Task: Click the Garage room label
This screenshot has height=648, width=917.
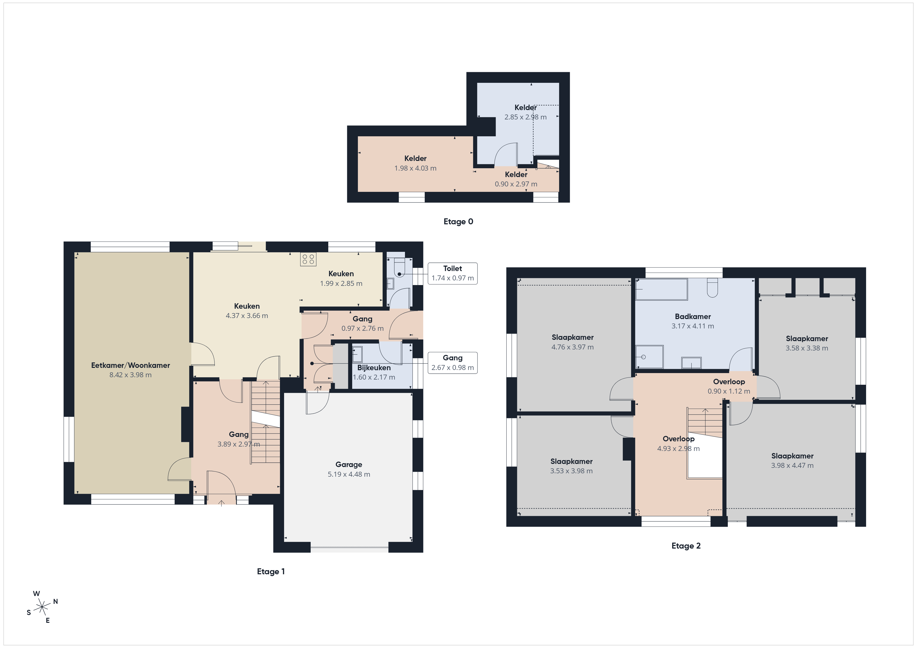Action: point(349,464)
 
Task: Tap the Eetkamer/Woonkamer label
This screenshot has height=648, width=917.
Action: point(130,365)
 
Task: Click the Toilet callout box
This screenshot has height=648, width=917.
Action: point(453,273)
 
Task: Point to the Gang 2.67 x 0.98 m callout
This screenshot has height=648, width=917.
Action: point(453,363)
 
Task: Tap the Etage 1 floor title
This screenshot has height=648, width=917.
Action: point(271,571)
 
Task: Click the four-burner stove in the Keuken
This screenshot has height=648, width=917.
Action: point(308,259)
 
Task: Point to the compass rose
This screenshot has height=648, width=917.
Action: point(42,607)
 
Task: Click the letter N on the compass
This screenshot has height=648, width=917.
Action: point(56,601)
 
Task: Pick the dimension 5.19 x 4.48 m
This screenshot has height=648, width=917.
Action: point(349,474)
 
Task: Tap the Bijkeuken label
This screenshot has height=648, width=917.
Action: point(374,368)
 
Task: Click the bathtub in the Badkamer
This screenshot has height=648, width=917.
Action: point(661,289)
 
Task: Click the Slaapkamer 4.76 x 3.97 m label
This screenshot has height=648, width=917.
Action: point(573,342)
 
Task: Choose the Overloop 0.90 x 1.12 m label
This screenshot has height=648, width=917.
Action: point(729,386)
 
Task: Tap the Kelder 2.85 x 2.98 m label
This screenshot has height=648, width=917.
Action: point(526,112)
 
